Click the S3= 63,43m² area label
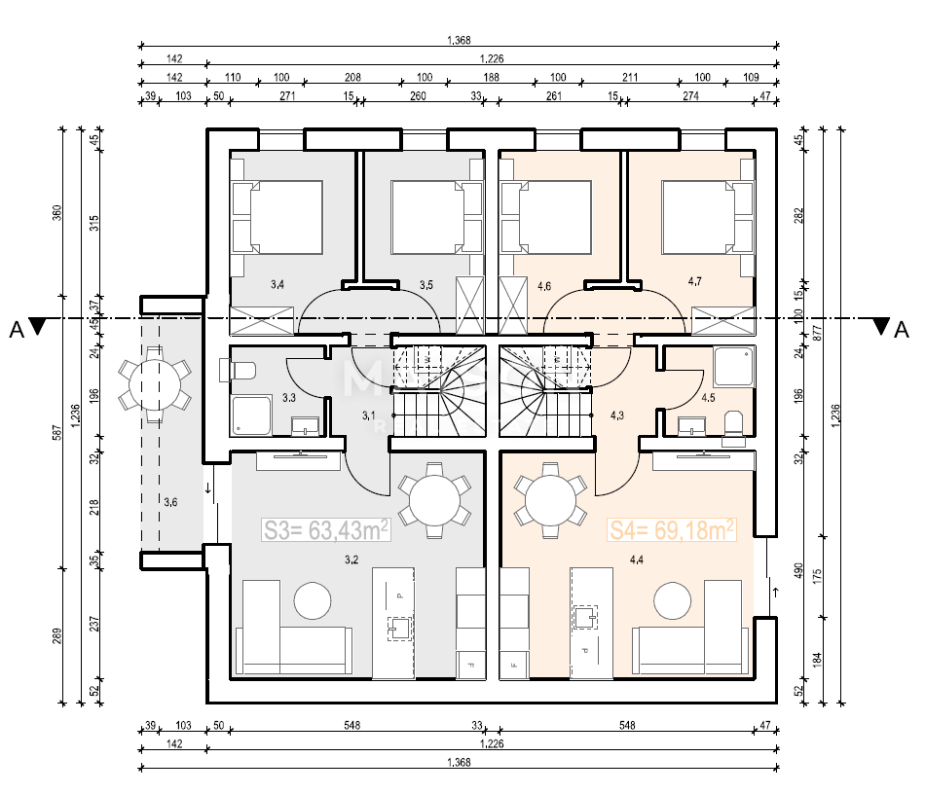(326, 529)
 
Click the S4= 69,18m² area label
(671, 529)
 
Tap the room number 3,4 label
(277, 285)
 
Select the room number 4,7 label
(695, 281)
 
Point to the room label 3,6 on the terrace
(170, 502)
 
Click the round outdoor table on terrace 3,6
(155, 385)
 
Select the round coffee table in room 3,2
(315, 599)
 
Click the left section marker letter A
(16, 329)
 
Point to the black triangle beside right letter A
(881, 327)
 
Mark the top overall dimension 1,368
(459, 40)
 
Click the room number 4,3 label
(617, 415)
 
